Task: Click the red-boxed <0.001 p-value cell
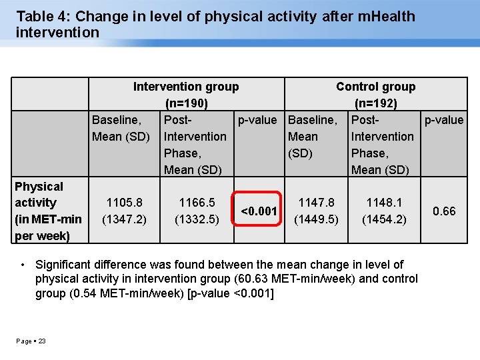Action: (x=258, y=211)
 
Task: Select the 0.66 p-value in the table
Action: (x=444, y=211)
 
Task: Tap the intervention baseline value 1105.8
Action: (x=125, y=202)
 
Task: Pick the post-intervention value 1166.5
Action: (x=197, y=202)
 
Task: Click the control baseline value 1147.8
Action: (x=316, y=202)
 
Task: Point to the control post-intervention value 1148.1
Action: (x=383, y=202)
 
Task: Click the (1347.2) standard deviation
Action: (x=125, y=218)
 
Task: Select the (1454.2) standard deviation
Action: (x=383, y=219)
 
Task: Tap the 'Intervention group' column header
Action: (x=186, y=87)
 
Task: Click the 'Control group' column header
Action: (x=375, y=87)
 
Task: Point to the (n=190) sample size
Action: (x=186, y=103)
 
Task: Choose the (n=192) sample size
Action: (x=375, y=103)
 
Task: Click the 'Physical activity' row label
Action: (x=39, y=194)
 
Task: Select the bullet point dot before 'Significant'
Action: (x=23, y=265)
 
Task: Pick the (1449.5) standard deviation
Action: (x=316, y=219)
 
